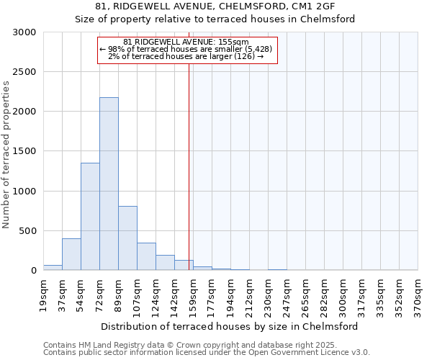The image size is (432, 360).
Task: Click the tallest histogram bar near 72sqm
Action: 109,184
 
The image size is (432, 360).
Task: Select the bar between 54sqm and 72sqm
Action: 90,216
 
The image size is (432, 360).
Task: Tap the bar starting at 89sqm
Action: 127,238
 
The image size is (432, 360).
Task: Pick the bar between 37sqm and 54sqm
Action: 71,254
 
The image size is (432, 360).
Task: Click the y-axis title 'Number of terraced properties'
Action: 6,155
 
